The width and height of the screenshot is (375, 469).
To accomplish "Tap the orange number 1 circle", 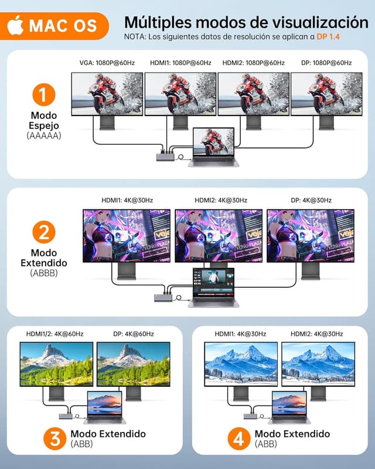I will (44, 94).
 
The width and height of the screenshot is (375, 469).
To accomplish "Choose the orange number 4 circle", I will (236, 439).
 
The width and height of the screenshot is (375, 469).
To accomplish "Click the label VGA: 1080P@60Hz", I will (107, 63).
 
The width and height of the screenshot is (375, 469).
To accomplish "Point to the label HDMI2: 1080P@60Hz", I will (254, 63).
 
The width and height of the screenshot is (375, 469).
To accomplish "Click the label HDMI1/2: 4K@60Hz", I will (55, 334).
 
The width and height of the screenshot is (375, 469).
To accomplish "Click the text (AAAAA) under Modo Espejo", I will (44, 135).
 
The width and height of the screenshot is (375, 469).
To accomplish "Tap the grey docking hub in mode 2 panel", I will (164, 297).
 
